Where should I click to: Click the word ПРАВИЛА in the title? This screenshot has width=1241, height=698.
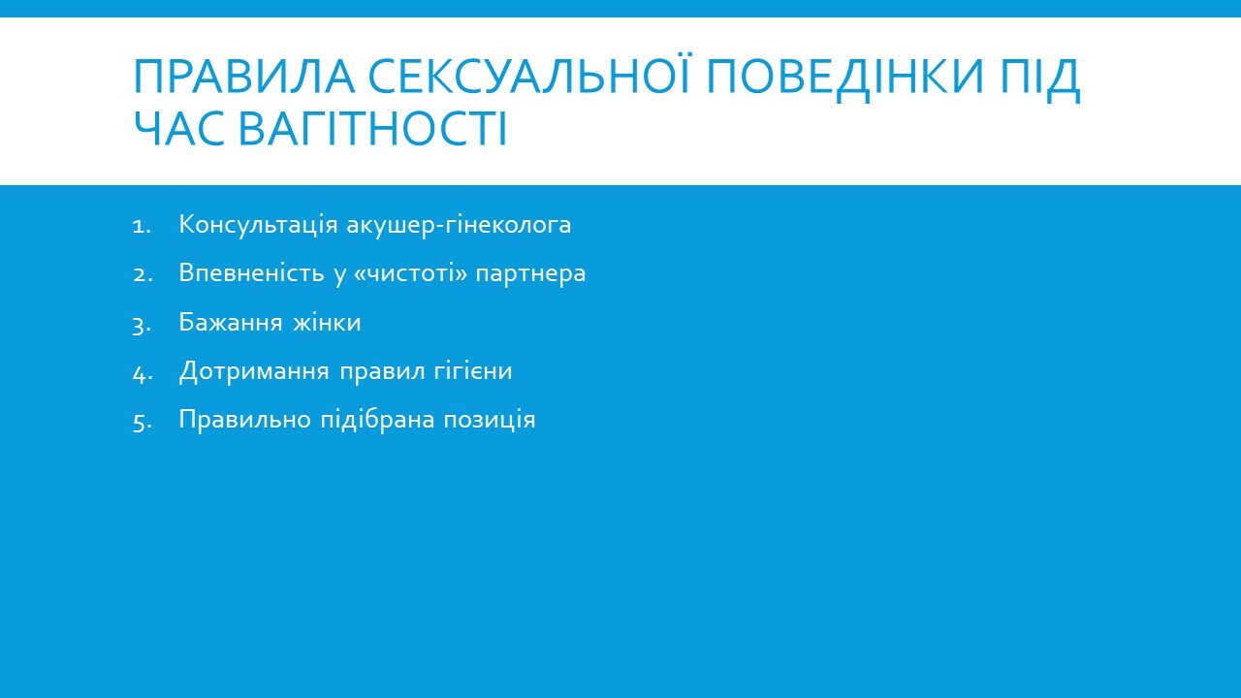(x=244, y=77)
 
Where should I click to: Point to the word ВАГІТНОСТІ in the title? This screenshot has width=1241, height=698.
(x=373, y=129)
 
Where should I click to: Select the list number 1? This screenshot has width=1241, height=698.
(x=142, y=226)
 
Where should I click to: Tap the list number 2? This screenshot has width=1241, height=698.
(x=143, y=274)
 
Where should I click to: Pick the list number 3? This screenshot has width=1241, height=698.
(x=142, y=325)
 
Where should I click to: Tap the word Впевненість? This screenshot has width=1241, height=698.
(x=251, y=273)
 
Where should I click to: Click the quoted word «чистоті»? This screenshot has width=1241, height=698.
(x=410, y=273)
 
